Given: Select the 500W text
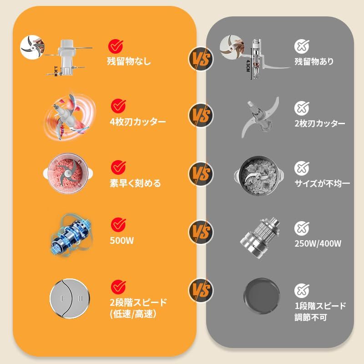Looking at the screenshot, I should coord(121,241).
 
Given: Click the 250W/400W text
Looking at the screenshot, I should coord(318,243).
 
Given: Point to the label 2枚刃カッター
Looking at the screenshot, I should coord(319,123).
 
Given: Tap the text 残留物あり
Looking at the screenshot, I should coord(314,61).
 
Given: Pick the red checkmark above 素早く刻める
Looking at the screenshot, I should coord(118,166).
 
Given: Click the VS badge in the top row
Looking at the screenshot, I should coord(201,58).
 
